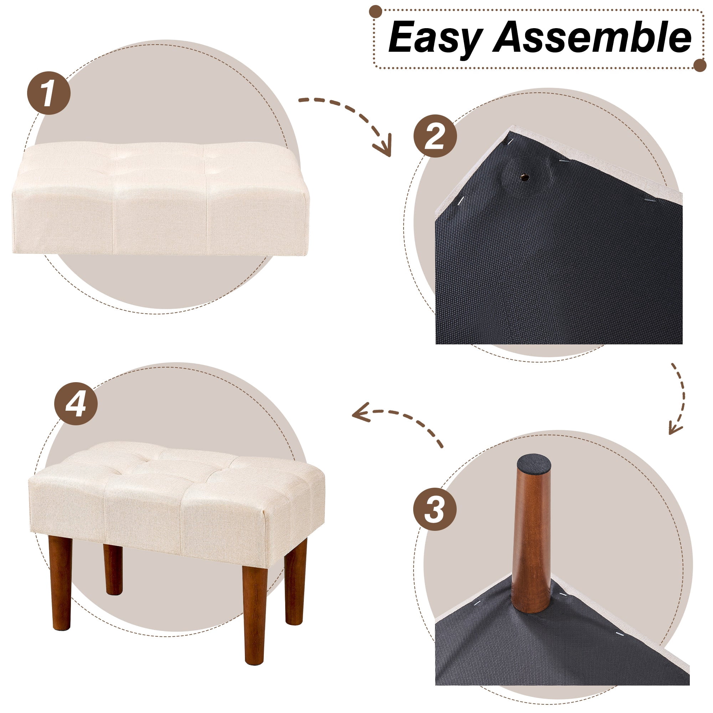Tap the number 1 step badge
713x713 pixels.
coord(49,93)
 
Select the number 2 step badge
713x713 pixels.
coord(435,136)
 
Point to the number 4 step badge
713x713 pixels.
coord(76,403)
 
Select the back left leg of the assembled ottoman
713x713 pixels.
coord(113,570)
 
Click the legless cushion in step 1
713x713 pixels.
coord(161,199)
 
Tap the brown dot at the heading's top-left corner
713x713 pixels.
coord(376,11)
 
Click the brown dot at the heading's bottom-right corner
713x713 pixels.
coord(700,65)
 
